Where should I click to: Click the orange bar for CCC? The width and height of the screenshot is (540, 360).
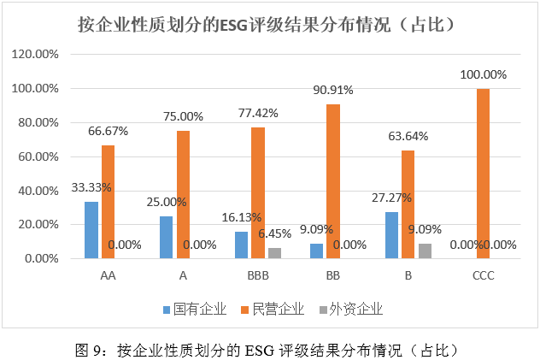483,173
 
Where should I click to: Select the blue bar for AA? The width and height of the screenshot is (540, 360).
91,229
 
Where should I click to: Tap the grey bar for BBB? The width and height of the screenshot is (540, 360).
273,253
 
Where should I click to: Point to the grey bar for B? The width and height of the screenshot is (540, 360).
424,251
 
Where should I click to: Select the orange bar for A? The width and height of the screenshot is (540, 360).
183,194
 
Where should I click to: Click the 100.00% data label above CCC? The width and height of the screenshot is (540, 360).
483,75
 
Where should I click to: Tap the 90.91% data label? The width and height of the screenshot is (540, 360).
334,90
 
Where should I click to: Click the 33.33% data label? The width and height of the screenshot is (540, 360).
91,187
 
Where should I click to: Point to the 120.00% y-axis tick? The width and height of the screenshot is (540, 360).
35,54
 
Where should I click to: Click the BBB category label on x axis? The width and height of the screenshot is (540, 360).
258,276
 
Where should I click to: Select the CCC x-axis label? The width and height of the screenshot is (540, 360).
483,276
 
